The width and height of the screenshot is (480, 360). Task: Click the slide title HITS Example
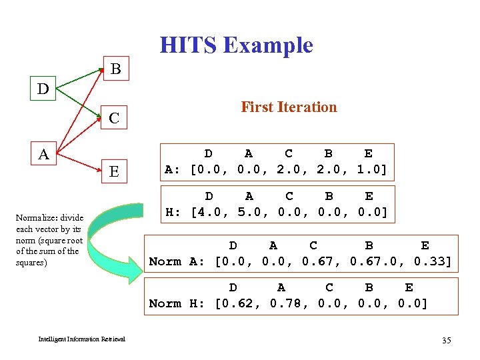click(236, 45)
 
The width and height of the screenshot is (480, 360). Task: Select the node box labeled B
click(115, 69)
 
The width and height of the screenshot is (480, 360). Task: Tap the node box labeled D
click(43, 88)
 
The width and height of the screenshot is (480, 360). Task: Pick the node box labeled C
click(115, 119)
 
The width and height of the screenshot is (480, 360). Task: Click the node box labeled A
click(43, 155)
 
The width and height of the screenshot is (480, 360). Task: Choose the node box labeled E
click(115, 172)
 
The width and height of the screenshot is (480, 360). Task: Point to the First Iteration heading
click(289, 107)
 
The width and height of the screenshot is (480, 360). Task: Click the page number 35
click(446, 341)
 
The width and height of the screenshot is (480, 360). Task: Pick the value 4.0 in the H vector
click(207, 212)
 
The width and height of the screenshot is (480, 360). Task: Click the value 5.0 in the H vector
click(249, 212)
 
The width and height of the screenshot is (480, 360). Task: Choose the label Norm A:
click(177, 261)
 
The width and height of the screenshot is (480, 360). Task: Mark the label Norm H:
click(177, 303)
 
